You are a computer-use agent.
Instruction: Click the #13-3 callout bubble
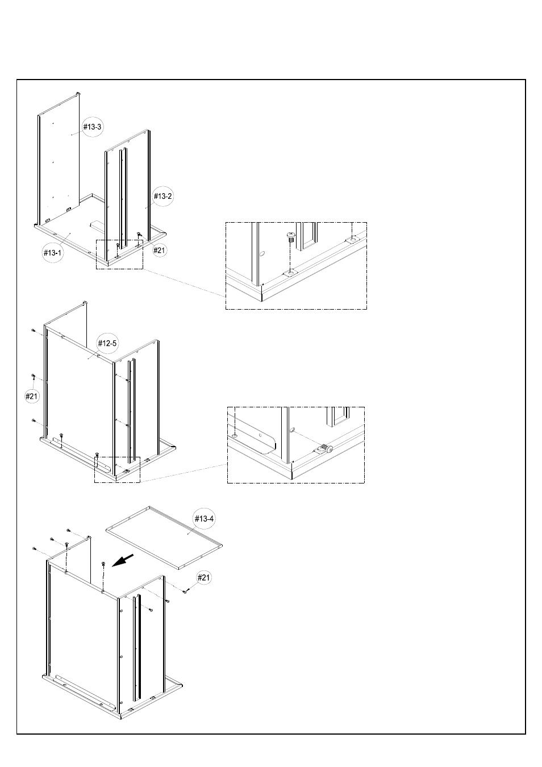click(x=92, y=127)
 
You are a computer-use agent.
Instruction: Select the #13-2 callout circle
click(x=162, y=196)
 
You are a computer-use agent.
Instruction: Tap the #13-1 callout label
click(x=53, y=253)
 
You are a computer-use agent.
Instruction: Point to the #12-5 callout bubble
click(x=107, y=343)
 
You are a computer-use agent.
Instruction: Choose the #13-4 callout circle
click(x=204, y=519)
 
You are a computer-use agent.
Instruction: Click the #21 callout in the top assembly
click(x=159, y=251)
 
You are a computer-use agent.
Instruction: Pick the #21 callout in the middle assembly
click(x=31, y=397)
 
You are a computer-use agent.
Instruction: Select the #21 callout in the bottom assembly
click(x=203, y=578)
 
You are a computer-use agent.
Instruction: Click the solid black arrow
click(x=123, y=560)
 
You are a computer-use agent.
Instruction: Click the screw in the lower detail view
click(x=326, y=448)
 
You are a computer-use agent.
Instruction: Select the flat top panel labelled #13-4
click(x=164, y=538)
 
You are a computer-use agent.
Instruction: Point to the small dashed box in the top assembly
click(x=119, y=255)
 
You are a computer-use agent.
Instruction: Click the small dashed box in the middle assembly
click(x=117, y=470)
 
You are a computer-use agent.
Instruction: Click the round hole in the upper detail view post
click(x=262, y=254)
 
